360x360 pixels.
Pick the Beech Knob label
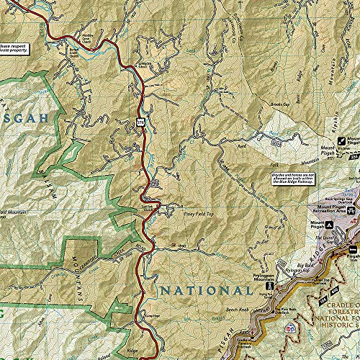(x=258, y=307)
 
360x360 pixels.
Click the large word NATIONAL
(x=205, y=291)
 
